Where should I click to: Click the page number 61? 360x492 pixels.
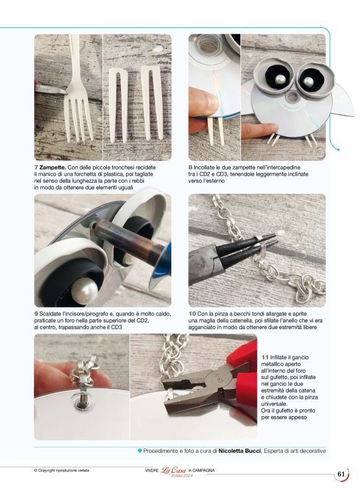click(341, 474)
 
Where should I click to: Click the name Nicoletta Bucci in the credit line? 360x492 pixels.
click(240, 450)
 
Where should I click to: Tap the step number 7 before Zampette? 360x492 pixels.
click(36, 168)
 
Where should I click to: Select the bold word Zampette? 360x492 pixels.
click(53, 168)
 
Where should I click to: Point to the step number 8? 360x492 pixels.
click(191, 168)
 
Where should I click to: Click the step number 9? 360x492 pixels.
click(36, 314)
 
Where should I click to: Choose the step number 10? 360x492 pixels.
click(192, 314)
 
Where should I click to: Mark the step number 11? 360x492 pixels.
click(265, 357)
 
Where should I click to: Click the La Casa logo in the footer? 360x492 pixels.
click(173, 471)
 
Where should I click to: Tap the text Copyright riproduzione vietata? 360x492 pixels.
click(61, 470)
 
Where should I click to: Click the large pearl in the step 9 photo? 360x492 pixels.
click(84, 289)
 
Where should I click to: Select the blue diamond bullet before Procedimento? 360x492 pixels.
click(140, 450)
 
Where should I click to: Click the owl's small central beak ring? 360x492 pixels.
click(293, 98)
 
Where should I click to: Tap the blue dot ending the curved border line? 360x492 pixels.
click(338, 150)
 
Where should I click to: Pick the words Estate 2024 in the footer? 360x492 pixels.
click(182, 476)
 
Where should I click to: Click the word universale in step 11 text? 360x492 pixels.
click(274, 404)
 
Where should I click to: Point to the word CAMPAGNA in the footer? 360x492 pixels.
click(203, 470)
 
